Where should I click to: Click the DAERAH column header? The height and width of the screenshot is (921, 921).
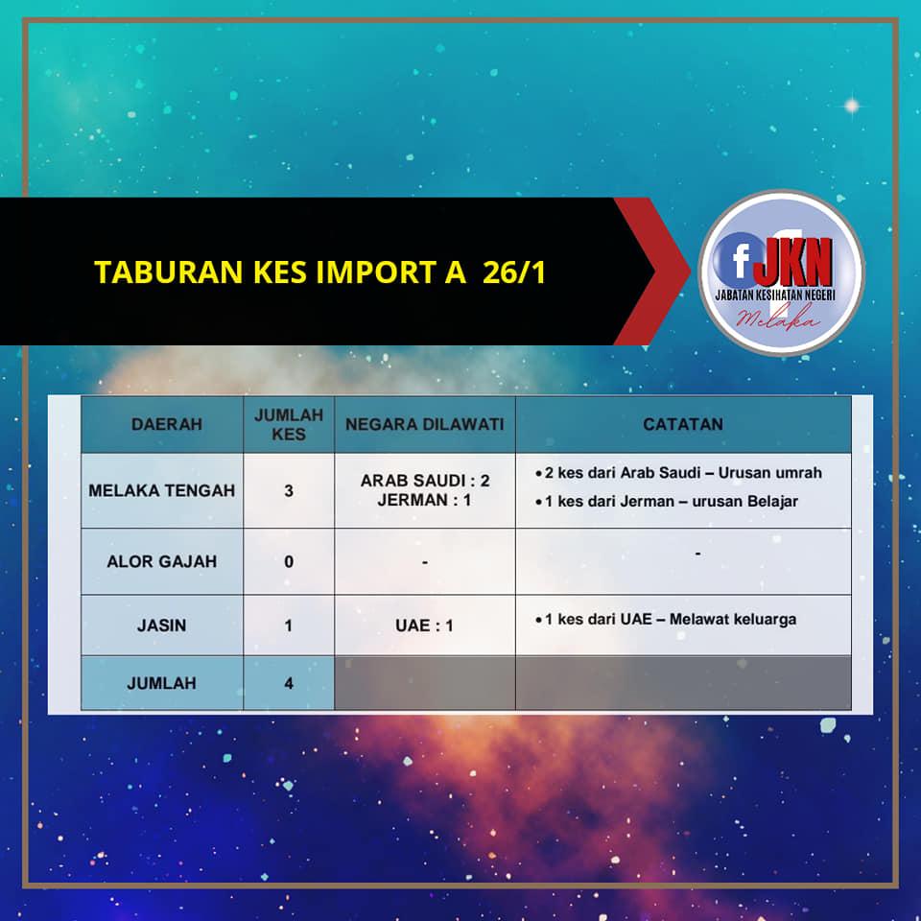167,424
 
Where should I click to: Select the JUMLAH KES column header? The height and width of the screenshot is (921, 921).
289,424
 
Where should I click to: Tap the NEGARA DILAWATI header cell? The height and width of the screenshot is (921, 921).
425,424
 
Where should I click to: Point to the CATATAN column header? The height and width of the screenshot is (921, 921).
683,424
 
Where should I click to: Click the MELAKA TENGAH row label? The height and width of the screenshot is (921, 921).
161,490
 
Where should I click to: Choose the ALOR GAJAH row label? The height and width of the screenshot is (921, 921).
161,561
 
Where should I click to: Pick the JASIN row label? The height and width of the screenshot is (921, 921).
161,625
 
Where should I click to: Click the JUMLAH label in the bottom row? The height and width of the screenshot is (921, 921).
161,683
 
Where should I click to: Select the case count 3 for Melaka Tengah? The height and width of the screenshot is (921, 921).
289,490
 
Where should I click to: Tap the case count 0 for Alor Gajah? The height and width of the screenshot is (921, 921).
289,561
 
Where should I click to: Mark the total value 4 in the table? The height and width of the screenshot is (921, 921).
289,683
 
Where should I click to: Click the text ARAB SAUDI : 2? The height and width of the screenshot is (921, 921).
425,481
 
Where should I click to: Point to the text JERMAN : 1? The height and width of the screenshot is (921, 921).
424,500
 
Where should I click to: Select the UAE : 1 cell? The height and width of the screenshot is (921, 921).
424,626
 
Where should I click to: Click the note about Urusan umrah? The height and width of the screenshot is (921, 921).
678,473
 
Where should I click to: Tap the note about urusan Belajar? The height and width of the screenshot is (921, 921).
667,501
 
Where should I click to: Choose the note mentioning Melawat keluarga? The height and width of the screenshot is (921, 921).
666,619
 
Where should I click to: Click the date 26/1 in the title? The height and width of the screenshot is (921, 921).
514,272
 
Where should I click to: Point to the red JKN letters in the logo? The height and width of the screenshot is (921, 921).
793,262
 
